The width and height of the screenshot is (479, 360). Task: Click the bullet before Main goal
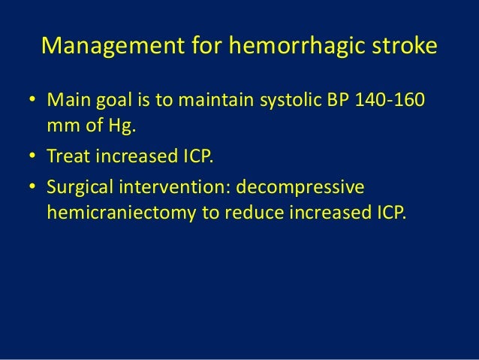[32, 101]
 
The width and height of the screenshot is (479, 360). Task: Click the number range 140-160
[399, 101]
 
